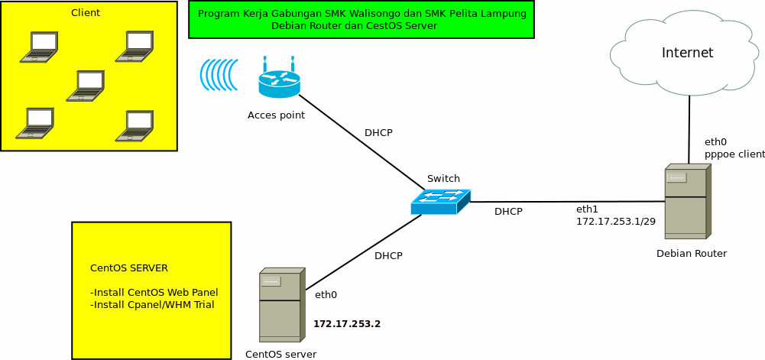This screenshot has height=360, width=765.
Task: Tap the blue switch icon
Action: tap(440, 201)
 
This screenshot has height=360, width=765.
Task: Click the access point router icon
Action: tap(279, 79)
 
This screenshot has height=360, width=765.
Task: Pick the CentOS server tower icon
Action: tap(281, 304)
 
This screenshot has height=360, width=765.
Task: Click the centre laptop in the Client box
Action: tap(86, 86)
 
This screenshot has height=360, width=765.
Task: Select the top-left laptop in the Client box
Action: tap(39, 47)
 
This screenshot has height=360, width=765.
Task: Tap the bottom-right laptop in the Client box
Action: tap(135, 126)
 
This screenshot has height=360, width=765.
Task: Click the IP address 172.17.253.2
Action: tap(346, 324)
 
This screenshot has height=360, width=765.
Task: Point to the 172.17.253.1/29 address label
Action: tap(615, 221)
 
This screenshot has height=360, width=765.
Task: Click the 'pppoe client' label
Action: tap(734, 154)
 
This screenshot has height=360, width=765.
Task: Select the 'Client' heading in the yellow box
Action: tap(86, 13)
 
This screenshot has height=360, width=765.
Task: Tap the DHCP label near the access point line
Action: tap(378, 133)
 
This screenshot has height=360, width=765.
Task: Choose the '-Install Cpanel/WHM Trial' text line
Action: tap(152, 304)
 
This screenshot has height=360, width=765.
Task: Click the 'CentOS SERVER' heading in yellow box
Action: tap(128, 268)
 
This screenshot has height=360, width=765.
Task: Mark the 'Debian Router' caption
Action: tap(692, 254)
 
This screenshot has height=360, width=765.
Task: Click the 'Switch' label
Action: tap(443, 179)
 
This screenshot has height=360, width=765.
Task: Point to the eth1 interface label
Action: tap(586, 209)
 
